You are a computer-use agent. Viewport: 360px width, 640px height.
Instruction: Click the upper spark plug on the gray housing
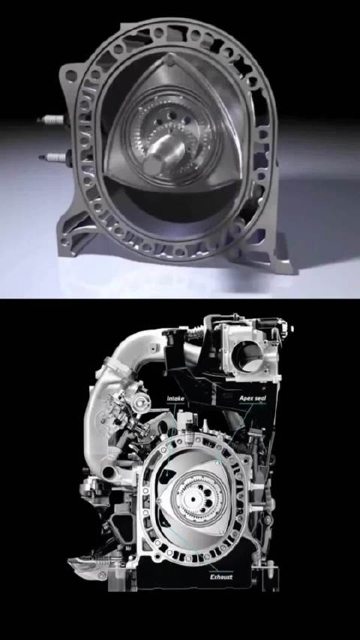[x=50, y=120]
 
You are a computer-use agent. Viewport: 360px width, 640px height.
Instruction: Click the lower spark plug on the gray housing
[x=54, y=158]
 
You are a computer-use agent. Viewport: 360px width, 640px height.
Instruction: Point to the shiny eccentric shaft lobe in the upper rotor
[x=166, y=150]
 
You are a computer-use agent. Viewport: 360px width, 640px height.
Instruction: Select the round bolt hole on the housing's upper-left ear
[x=71, y=76]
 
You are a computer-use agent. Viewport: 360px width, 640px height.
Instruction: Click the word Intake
[x=176, y=398]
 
